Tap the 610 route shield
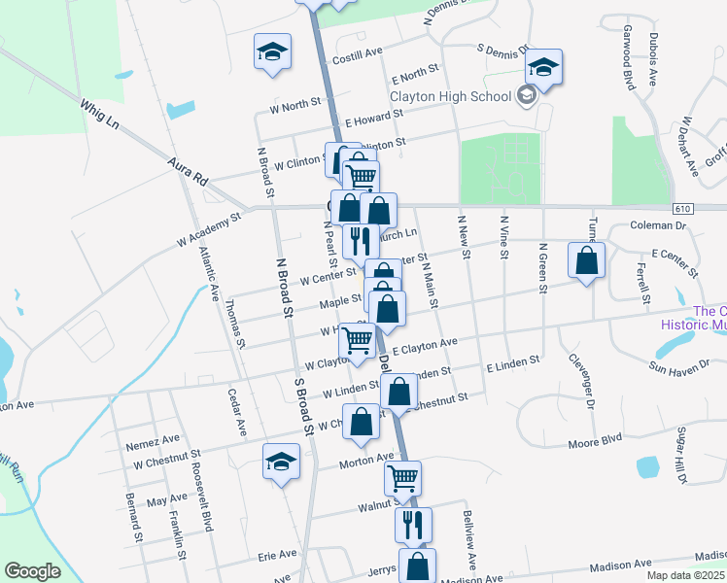[681, 209]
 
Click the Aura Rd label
[188, 172]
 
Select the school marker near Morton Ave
[281, 462]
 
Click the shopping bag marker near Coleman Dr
[586, 260]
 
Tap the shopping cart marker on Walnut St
[402, 478]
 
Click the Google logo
[32, 571]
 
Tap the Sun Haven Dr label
[682, 366]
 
